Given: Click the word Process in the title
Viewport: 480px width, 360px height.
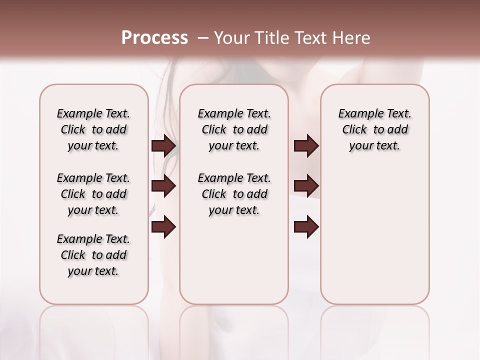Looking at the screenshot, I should coord(154,38).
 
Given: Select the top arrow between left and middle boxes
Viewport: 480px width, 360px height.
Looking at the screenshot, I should coord(163,145).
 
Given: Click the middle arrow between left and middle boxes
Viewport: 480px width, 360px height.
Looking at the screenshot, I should coord(163,186).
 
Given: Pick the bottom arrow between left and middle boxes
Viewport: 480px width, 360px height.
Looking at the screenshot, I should coord(163,227).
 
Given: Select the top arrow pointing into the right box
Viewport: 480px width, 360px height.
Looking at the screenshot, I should coord(306,145).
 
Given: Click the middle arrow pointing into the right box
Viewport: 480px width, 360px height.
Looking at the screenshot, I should coord(306,186).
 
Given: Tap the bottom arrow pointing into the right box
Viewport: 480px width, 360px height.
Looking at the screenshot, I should coord(306,227).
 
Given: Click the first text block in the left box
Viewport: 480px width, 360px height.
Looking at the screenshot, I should coord(93,129).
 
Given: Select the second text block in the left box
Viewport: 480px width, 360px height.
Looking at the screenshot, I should coord(93,194).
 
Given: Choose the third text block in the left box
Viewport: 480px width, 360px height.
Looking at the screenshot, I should coord(93,255).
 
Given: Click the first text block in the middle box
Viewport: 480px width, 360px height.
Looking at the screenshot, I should coord(234,129).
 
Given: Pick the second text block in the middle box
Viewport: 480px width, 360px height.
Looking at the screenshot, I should coord(234,194).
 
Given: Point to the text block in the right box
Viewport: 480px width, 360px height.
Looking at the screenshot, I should coord(375,129).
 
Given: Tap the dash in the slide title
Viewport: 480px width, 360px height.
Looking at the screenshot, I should coord(203,38).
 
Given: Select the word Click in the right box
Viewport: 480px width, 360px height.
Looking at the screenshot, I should coord(354,130).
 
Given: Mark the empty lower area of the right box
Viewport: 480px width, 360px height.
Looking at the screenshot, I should coord(375,240).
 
